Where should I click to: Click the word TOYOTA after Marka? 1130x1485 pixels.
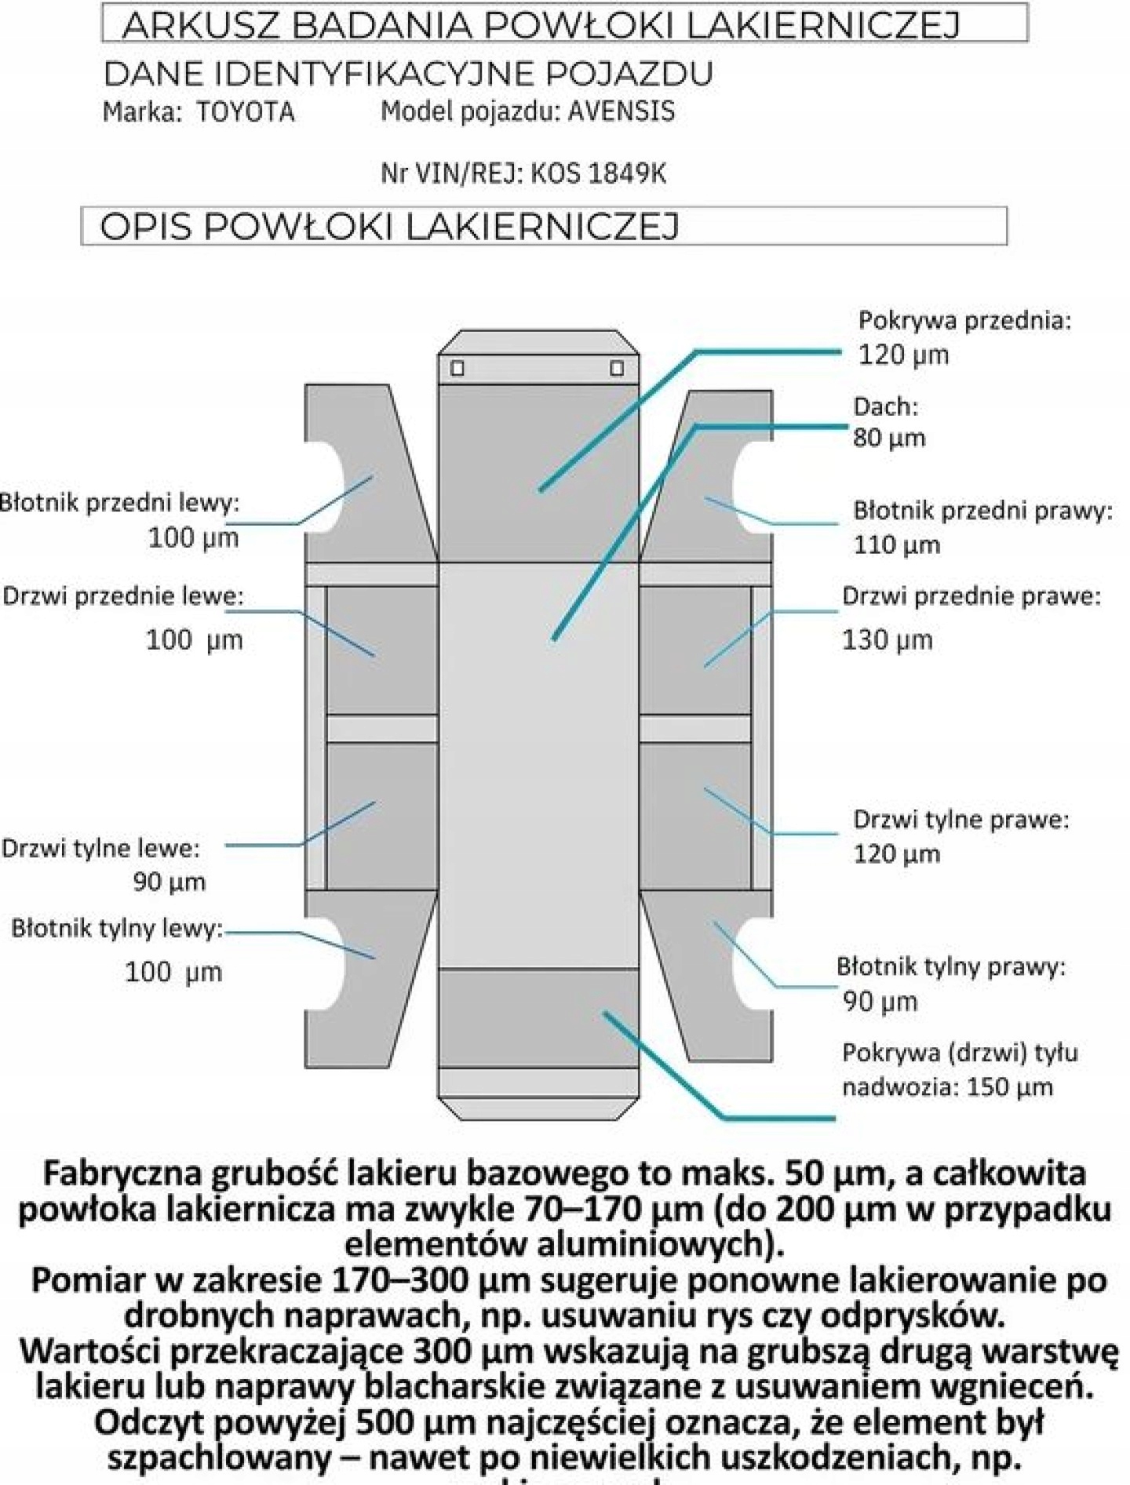click(246, 112)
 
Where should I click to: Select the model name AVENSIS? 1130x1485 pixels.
click(621, 111)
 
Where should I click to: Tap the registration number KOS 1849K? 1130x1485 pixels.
click(599, 173)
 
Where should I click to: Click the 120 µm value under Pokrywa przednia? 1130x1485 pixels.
click(903, 355)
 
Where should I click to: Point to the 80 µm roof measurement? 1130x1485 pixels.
click(889, 438)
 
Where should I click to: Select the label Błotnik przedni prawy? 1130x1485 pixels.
click(982, 511)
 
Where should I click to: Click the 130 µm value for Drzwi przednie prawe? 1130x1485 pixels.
click(887, 640)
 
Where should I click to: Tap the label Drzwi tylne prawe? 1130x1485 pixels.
click(960, 820)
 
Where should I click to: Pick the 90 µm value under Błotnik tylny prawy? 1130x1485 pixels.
click(880, 1002)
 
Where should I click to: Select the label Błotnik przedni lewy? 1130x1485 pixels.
click(118, 502)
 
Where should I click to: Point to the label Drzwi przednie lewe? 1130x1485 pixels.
click(122, 596)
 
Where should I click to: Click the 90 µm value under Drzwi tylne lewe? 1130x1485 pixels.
click(169, 882)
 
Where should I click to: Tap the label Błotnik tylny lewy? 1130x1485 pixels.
click(116, 929)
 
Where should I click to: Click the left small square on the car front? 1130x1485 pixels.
click(457, 368)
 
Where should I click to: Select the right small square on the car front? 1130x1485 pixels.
click(617, 368)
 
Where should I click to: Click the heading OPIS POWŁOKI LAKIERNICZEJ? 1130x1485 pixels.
click(389, 227)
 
